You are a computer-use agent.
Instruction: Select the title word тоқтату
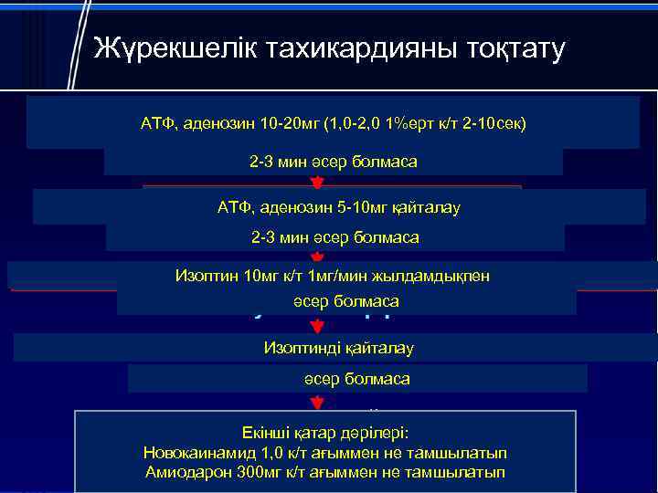point(512,47)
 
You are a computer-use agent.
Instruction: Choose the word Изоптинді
point(300,347)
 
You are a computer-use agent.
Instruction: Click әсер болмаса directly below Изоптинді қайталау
point(356,378)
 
